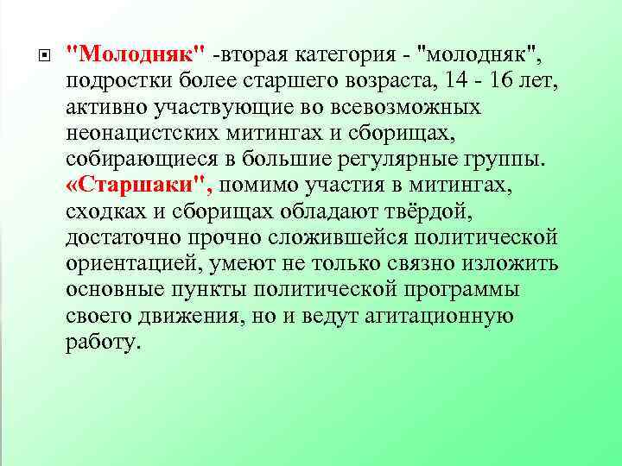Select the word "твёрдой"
(x=457, y=212)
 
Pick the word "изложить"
(x=511, y=264)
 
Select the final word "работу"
(x=102, y=343)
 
